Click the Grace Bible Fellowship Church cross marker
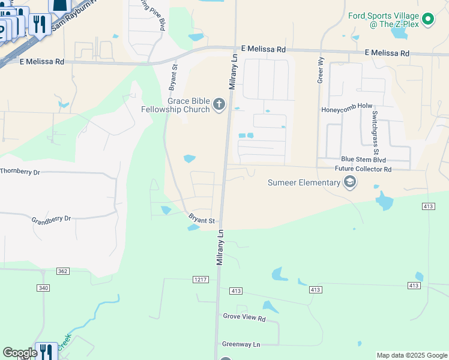219,105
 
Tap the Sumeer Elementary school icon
350,182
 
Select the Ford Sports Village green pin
428,20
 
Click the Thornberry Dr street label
20,172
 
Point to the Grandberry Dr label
51,220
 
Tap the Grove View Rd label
244,317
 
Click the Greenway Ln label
241,344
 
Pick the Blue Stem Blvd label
363,160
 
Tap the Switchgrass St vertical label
375,128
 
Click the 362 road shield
63,271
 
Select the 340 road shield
43,289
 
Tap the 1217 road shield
200,280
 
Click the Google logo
20,353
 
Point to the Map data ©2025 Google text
412,355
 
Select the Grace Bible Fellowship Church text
176,105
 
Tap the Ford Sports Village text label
383,20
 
